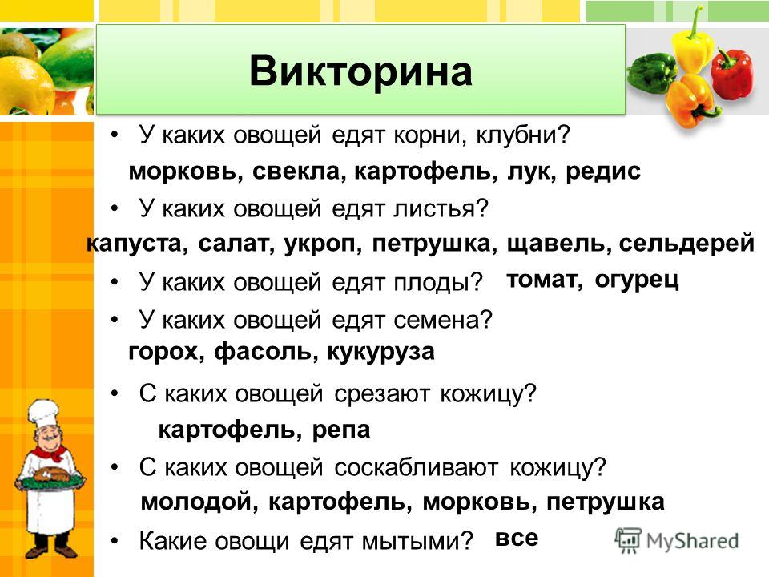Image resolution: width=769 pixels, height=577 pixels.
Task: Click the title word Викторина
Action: tap(360, 71)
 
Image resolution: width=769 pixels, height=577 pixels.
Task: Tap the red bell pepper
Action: tap(731, 75)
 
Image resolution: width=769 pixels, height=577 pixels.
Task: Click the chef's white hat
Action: tap(43, 414)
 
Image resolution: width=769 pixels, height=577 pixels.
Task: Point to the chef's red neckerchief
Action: tap(50, 452)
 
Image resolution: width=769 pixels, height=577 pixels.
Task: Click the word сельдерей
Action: tap(686, 244)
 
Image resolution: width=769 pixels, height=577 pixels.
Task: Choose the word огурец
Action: tap(637, 280)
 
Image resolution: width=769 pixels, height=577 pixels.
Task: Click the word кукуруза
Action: tap(380, 353)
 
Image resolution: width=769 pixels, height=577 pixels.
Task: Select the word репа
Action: tap(341, 430)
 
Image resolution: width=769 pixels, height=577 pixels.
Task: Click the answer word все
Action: tap(517, 539)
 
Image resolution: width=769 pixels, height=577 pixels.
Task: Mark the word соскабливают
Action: tap(417, 467)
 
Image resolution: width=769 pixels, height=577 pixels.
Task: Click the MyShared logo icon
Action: tap(628, 541)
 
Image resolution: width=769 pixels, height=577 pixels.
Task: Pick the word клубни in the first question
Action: tap(523, 135)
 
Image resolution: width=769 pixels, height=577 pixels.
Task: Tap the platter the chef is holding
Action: tap(49, 482)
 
